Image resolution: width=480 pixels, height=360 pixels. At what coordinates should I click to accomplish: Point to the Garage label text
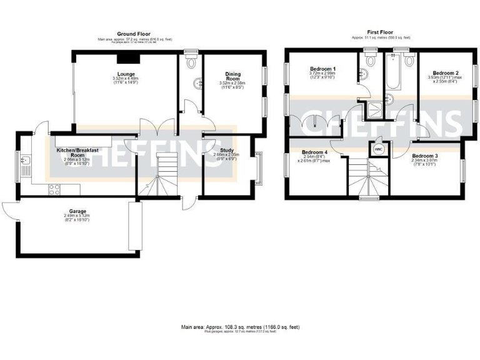[77, 211]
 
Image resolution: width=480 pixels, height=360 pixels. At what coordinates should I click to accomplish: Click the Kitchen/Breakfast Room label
[77, 152]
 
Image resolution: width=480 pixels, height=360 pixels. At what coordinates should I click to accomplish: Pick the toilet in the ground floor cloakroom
[191, 62]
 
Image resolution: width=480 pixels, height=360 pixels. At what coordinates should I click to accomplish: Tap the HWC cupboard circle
[377, 150]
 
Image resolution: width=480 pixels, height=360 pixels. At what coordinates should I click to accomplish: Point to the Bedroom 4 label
[314, 152]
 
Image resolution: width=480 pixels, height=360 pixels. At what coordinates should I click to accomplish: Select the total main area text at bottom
[240, 326]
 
